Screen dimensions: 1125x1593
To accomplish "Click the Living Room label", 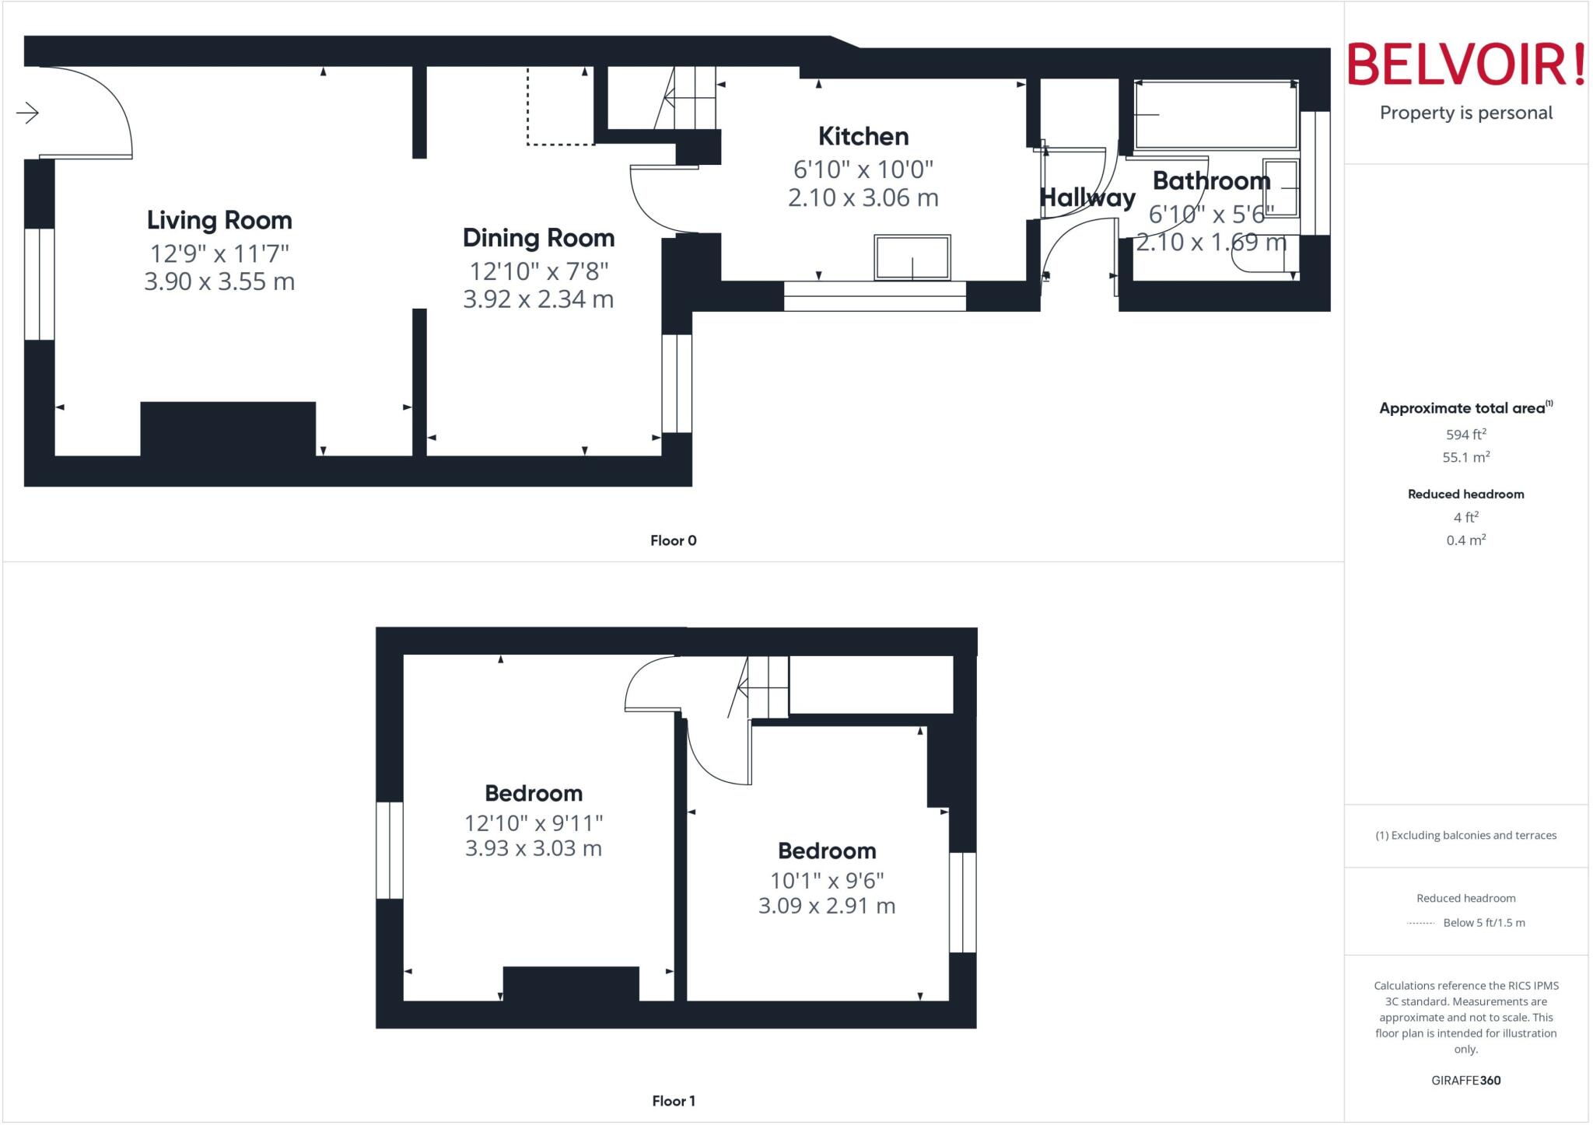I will click(219, 221).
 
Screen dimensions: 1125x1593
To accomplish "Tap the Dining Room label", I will click(538, 238).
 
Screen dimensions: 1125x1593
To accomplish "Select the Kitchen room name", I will click(863, 137).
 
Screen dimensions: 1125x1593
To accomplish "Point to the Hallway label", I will click(1087, 198).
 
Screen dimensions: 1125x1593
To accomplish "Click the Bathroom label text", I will click(1211, 181).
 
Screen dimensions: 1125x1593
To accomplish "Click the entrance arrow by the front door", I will click(28, 114).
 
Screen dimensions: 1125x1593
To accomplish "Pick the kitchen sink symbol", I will click(912, 257).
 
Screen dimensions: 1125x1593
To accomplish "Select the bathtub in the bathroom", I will click(1216, 114).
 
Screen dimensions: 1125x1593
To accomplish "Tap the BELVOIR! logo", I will click(1465, 65).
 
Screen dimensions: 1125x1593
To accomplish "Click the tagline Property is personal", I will click(1465, 114).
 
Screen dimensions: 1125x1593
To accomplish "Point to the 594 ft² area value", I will click(1465, 435).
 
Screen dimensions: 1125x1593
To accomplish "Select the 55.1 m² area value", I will click(1465, 457).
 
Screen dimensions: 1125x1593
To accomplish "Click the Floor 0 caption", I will click(674, 541).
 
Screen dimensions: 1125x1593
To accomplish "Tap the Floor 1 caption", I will click(674, 1101).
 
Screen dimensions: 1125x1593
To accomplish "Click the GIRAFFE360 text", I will click(1465, 1080).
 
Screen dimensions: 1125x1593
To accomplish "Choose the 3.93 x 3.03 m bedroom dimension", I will click(534, 848).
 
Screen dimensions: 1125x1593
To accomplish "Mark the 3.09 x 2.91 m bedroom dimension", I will click(827, 906).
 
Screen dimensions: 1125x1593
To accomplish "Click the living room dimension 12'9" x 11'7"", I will click(219, 253).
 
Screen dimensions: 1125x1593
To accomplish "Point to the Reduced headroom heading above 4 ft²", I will click(1465, 494).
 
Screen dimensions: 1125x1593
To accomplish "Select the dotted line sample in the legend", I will click(1421, 923).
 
